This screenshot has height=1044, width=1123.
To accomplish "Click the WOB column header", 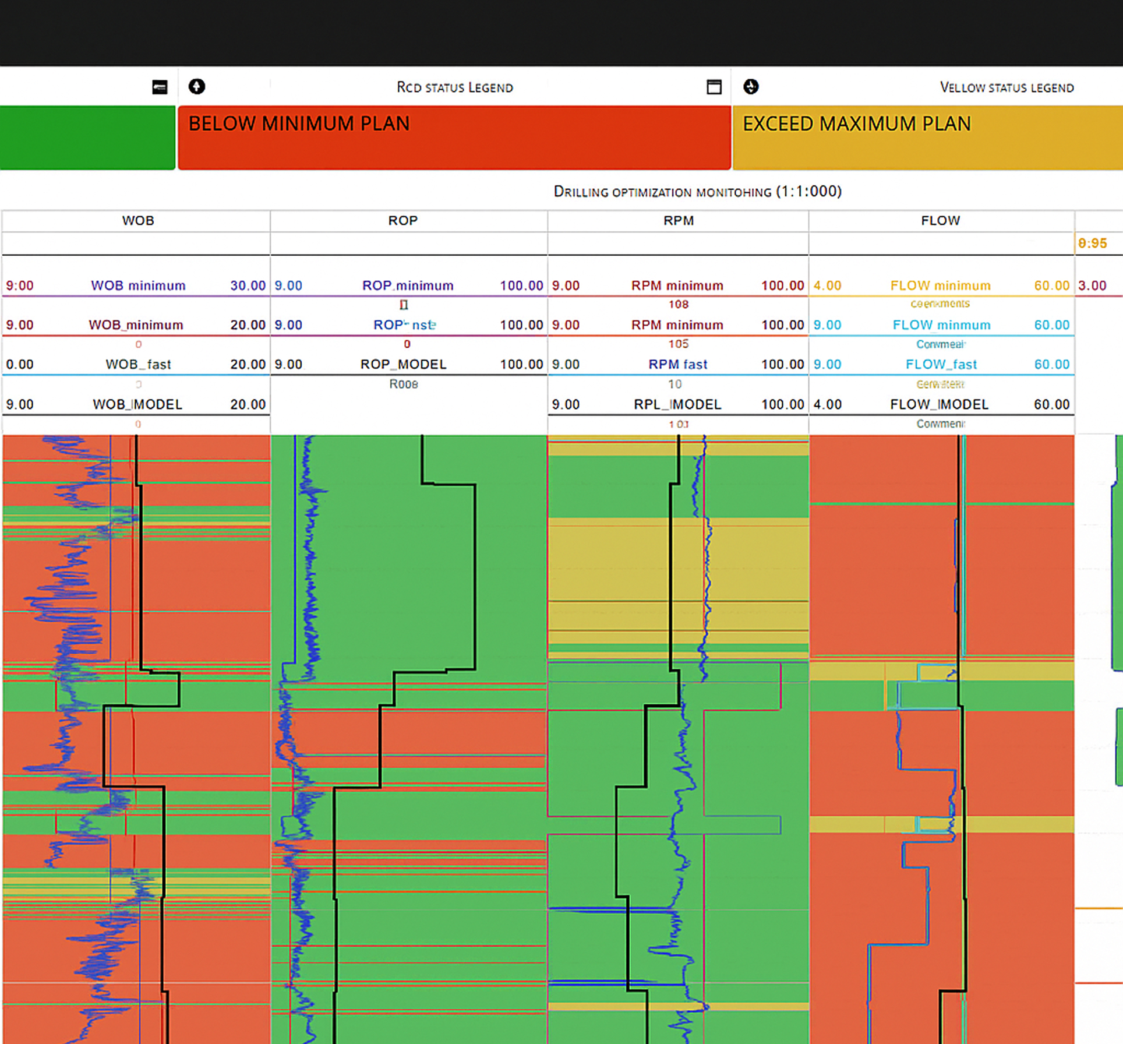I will coord(138,221).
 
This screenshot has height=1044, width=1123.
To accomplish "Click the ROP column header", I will coord(403,221).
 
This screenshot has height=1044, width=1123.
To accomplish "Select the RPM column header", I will coord(679,221).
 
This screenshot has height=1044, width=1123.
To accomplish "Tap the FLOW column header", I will coord(940,221).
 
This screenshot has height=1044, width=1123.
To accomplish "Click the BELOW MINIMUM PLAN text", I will coord(299,124).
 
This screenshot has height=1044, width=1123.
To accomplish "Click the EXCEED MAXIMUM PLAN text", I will coord(856,124).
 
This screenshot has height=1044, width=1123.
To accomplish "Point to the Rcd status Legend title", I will coord(455,87).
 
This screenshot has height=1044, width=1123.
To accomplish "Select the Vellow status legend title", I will coord(1007,87).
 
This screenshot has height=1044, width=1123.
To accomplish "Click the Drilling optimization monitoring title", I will coord(697,192).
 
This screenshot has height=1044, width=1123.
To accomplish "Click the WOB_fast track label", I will coord(138,365).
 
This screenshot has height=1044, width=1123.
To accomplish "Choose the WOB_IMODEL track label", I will coord(137,404).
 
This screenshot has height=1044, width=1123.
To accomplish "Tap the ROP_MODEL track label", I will coord(403,365).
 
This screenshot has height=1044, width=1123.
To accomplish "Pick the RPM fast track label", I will coord(678,365).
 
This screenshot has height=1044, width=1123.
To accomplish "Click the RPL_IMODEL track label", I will coord(677,404).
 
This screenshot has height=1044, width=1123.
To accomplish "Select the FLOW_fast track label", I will coord(941,365).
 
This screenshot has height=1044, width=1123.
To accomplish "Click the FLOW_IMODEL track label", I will coord(939,404).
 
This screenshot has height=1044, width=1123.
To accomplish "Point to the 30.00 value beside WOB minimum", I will coord(248,285).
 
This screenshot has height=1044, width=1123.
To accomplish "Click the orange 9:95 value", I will coord(1092,244).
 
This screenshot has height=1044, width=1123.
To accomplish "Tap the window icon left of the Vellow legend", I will coord(714,87).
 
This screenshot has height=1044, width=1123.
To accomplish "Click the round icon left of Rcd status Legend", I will coord(197,87).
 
